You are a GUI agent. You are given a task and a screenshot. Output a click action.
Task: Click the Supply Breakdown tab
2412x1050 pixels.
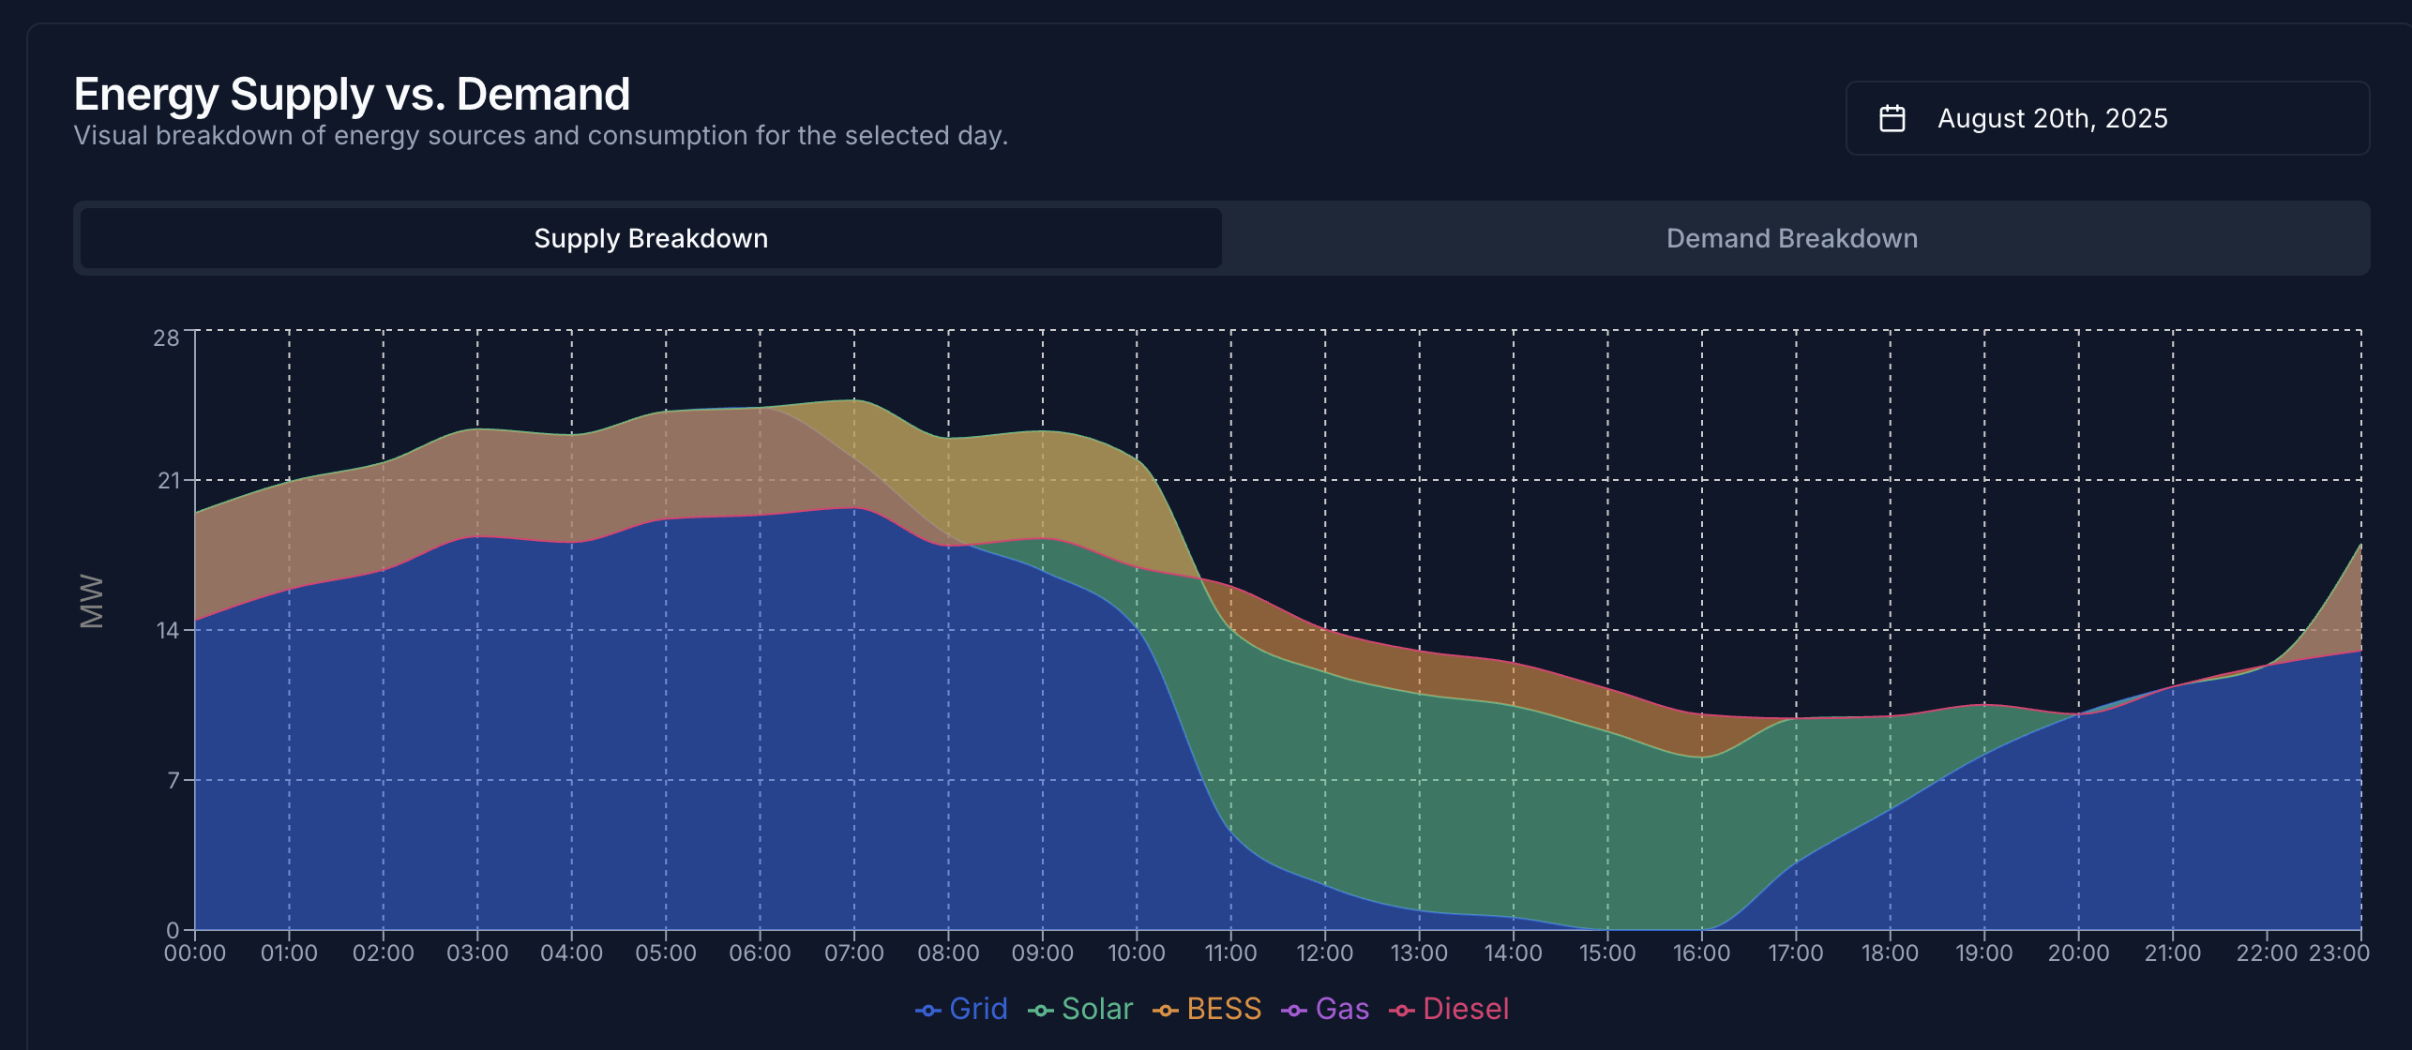click(x=651, y=238)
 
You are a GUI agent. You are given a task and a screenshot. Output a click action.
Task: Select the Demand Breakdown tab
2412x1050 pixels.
click(x=1791, y=238)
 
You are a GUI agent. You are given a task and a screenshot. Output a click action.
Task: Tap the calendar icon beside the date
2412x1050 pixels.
click(x=1892, y=118)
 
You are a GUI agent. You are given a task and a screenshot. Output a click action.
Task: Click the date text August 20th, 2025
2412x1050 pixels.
click(x=2052, y=118)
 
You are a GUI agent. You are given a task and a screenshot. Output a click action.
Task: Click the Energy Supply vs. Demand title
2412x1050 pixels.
click(x=352, y=94)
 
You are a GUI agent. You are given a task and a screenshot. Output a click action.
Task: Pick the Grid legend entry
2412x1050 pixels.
click(x=962, y=1009)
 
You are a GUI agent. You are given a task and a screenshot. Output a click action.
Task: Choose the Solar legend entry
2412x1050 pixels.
click(x=1081, y=1009)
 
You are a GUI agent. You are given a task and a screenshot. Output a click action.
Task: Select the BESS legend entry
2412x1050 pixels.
click(x=1208, y=1009)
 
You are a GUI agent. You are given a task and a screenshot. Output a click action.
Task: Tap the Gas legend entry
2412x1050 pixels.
click(x=1326, y=1009)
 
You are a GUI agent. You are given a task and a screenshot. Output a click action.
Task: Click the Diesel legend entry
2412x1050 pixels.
click(x=1450, y=1009)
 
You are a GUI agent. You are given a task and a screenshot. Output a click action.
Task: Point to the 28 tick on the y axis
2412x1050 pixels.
click(x=166, y=338)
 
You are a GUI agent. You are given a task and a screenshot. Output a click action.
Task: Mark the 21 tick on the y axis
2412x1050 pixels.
click(x=169, y=481)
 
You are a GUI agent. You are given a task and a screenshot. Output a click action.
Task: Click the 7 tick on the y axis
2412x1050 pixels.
click(x=173, y=780)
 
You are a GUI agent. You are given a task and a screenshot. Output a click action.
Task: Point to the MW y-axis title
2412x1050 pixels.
click(x=92, y=600)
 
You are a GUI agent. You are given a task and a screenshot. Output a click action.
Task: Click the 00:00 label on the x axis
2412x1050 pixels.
click(x=195, y=953)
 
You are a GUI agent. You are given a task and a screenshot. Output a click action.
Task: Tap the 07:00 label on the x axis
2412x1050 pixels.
click(x=853, y=953)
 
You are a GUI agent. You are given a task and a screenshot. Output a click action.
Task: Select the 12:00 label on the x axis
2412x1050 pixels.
click(x=1324, y=953)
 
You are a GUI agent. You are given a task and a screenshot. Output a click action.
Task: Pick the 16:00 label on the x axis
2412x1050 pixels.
click(x=1701, y=953)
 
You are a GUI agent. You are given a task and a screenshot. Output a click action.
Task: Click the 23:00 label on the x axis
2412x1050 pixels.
click(x=2339, y=953)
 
